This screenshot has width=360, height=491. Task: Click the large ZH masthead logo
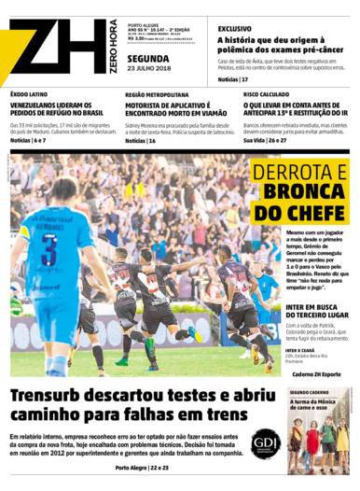56,47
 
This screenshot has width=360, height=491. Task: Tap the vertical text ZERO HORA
113,46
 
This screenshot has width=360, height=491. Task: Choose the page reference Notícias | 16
141,140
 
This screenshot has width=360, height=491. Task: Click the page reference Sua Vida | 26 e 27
267,140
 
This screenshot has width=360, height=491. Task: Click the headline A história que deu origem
284,41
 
